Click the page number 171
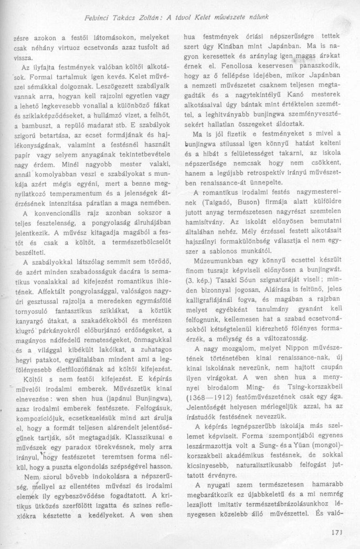tap(337, 531)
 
